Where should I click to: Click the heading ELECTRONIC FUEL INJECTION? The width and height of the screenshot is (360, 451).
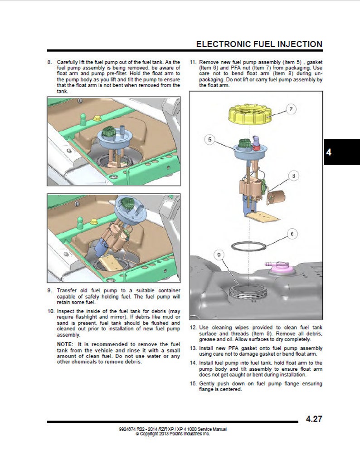pyautogui.click(x=259, y=44)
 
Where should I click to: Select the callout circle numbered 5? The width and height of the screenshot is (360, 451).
pyautogui.click(x=209, y=139)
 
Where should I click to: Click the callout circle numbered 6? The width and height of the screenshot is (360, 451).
pyautogui.click(x=292, y=234)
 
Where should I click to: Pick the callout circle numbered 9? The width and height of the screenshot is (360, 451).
pyautogui.click(x=219, y=255)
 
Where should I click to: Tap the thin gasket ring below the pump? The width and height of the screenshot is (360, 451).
pyautogui.click(x=249, y=245)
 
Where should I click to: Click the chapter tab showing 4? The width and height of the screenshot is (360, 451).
pyautogui.click(x=329, y=152)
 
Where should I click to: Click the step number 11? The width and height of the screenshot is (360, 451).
pyautogui.click(x=193, y=61)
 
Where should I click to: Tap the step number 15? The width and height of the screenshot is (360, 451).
pyautogui.click(x=193, y=384)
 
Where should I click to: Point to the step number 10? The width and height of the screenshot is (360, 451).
pyautogui.click(x=51, y=311)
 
